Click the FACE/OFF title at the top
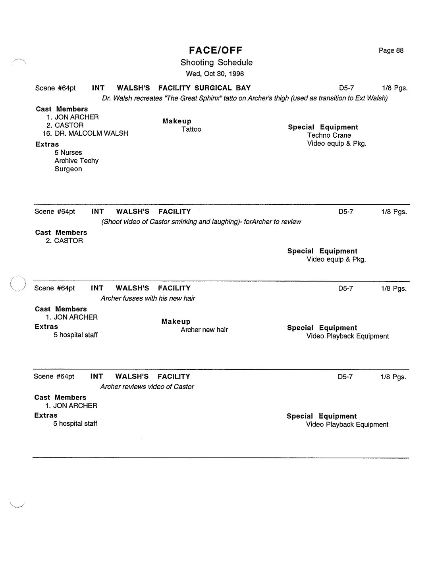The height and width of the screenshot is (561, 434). [x=216, y=50]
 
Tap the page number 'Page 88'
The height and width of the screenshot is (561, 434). [x=391, y=50]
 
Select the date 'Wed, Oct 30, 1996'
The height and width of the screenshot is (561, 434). [x=215, y=74]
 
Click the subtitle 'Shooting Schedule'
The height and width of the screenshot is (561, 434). [x=216, y=62]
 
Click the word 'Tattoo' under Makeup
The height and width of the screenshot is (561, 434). [x=191, y=129]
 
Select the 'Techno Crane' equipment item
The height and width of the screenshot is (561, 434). [x=329, y=135]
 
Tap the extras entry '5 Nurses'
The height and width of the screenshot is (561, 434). [x=68, y=153]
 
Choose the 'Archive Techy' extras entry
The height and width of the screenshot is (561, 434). [x=76, y=161]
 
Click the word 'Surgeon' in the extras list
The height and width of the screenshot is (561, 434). [x=68, y=169]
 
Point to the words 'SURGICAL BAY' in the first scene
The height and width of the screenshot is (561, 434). [x=222, y=88]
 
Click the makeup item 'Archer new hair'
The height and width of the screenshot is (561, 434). [x=204, y=330]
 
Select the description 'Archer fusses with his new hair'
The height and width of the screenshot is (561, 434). [x=148, y=298]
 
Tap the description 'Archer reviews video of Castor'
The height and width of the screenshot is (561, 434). [x=147, y=387]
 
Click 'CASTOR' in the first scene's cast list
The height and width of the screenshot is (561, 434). [x=69, y=125]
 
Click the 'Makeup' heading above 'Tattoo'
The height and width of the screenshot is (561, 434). [x=177, y=121]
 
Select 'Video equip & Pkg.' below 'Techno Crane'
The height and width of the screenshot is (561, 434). [x=337, y=144]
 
